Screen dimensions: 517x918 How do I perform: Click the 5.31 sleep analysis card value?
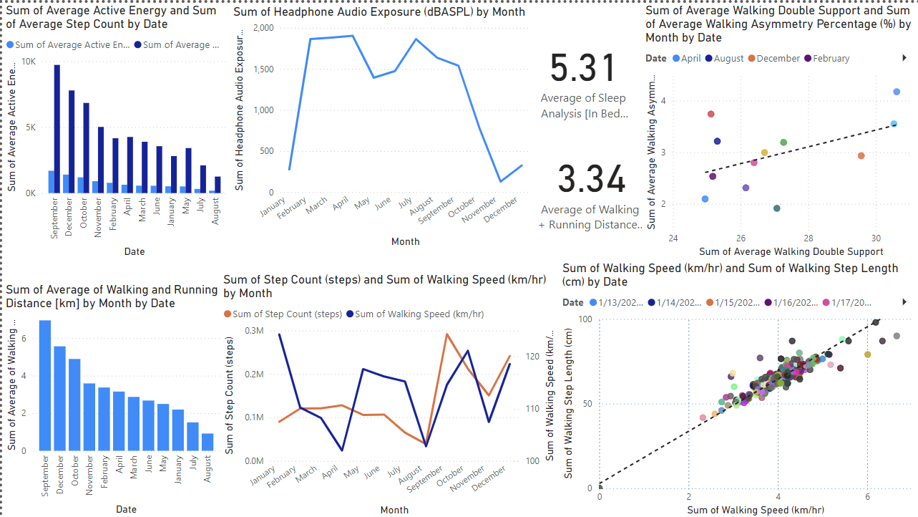[582, 69]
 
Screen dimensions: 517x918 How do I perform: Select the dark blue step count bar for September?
[57, 129]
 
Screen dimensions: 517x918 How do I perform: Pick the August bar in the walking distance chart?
[207, 442]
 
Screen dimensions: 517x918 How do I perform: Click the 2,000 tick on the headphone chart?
[263, 27]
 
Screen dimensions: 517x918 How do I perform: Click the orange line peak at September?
[446, 334]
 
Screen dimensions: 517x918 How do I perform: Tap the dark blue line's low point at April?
[342, 450]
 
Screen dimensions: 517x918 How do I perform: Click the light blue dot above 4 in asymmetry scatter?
[897, 92]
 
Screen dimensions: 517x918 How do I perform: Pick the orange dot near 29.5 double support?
[861, 155]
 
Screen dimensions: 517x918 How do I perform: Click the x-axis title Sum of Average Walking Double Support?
[791, 251]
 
